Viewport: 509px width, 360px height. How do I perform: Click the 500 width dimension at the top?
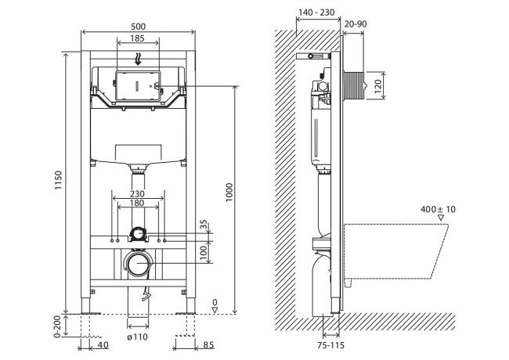click(x=138, y=26)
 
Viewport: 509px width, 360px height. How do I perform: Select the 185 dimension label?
click(x=137, y=38)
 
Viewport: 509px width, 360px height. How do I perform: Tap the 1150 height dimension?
click(x=60, y=182)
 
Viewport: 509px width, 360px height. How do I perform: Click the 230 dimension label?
click(x=138, y=194)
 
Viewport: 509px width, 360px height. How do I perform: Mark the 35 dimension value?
click(x=204, y=225)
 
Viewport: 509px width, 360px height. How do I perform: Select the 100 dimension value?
click(x=204, y=251)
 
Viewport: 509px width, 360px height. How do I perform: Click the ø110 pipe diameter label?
click(x=138, y=337)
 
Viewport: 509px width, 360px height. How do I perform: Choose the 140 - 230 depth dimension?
click(x=319, y=13)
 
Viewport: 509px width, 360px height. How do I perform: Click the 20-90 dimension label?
click(x=355, y=24)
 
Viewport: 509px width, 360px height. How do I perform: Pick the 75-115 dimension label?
click(x=330, y=344)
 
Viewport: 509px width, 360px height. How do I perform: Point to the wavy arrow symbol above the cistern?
click(x=138, y=57)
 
